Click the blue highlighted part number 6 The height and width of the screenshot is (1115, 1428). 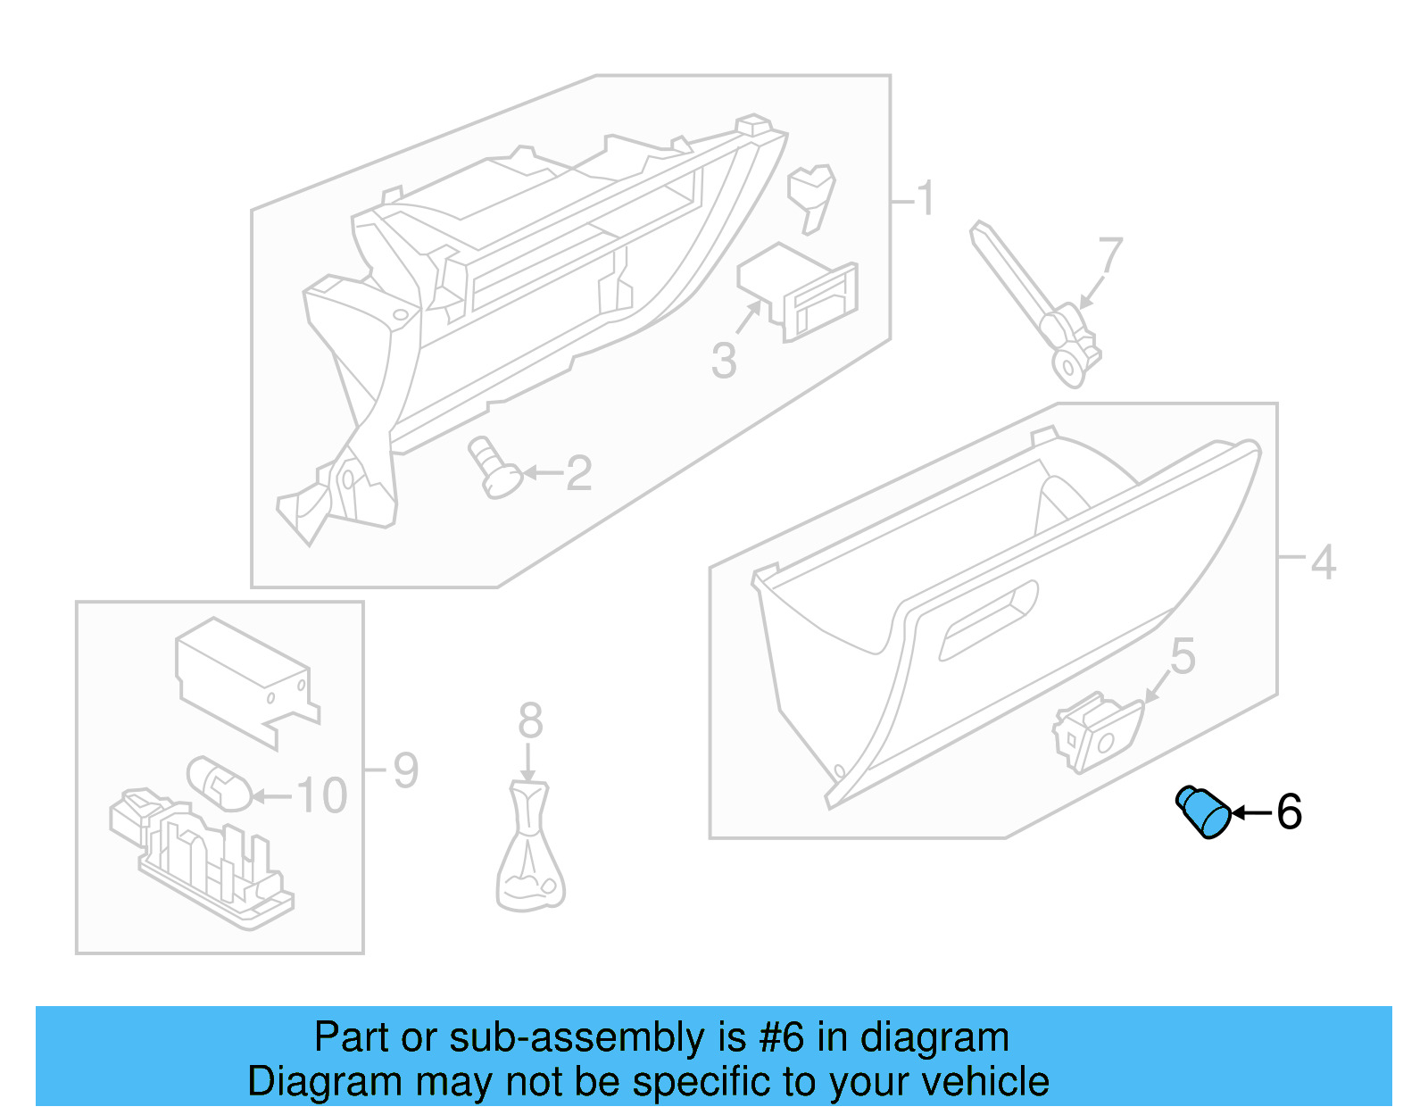point(1204,812)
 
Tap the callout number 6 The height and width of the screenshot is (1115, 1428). point(1289,812)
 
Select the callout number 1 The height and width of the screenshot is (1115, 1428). point(926,198)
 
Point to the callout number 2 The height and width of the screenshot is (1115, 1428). point(578,473)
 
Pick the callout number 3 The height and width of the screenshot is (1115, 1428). point(724,362)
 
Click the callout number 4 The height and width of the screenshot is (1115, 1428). point(1322,562)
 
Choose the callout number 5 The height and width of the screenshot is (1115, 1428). point(1183,657)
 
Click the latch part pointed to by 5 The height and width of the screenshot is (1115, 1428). point(1098,732)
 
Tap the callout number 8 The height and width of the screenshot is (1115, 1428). point(530,720)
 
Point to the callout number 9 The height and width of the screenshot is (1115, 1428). point(405,770)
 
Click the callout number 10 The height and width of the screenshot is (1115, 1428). point(321,795)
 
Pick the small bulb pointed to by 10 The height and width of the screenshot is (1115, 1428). point(219,784)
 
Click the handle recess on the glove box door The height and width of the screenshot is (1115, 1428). point(989,620)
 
